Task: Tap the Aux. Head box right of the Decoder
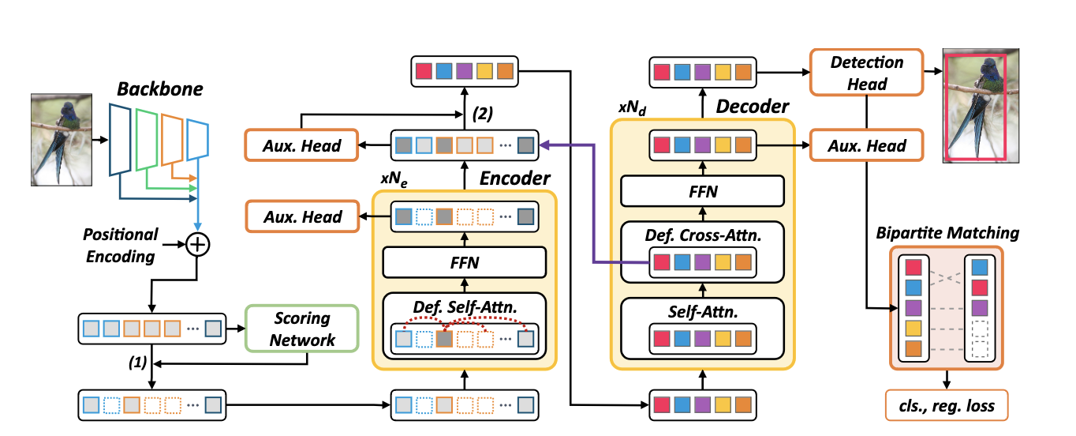pos(867,146)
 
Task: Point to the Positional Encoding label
pos(121,244)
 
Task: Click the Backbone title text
pos(159,89)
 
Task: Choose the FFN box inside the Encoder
pos(465,261)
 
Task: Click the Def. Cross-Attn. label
pos(702,235)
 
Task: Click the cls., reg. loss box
pos(947,406)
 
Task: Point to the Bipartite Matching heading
pos(947,233)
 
